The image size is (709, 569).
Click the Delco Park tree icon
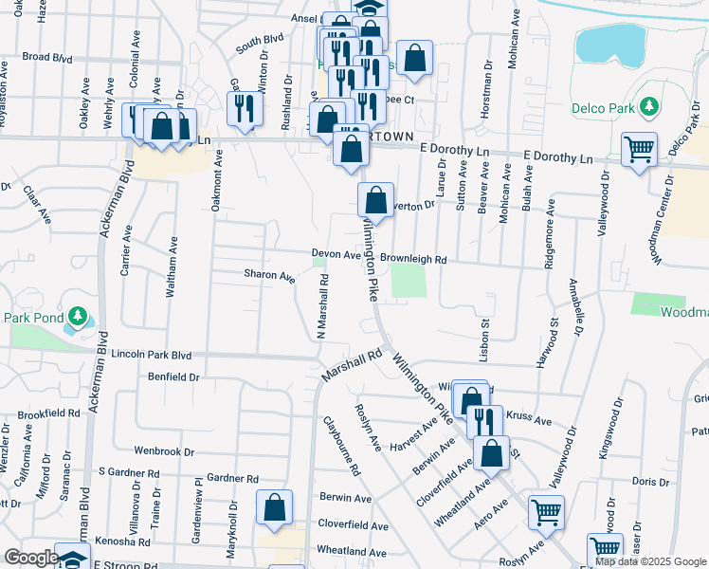649,107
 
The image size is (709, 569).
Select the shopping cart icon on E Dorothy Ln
639,150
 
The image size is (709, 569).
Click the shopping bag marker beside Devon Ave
375,200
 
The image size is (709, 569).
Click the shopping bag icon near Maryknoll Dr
274,508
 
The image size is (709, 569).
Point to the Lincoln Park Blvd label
151,355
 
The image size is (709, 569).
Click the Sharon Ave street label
269,275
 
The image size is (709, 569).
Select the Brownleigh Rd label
412,258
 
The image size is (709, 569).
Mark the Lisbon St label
483,336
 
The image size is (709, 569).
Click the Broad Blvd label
47,57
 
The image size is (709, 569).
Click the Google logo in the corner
31,558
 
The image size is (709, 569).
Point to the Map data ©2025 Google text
650,562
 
